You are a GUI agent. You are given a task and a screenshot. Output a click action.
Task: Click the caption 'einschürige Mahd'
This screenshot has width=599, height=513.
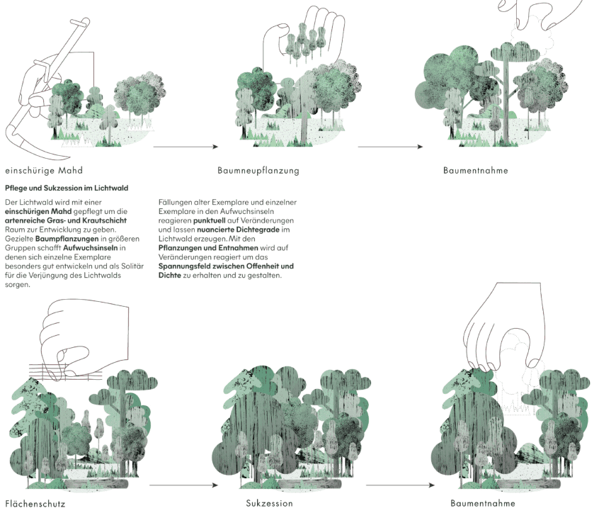pos(44,171)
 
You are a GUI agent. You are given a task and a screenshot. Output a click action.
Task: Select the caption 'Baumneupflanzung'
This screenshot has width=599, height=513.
pos(258,171)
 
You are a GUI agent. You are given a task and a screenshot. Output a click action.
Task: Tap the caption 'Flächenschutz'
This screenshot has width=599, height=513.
pos(35,504)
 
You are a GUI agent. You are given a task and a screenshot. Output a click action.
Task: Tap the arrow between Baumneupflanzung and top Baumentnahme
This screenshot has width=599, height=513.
pos(390,147)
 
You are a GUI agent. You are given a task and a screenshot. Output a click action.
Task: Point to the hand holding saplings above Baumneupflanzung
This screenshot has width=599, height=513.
pos(297,35)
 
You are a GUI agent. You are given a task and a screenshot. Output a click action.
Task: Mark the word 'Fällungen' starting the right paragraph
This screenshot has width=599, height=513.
pos(174,202)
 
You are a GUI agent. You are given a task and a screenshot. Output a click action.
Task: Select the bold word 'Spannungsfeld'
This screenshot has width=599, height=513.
pos(184,266)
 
